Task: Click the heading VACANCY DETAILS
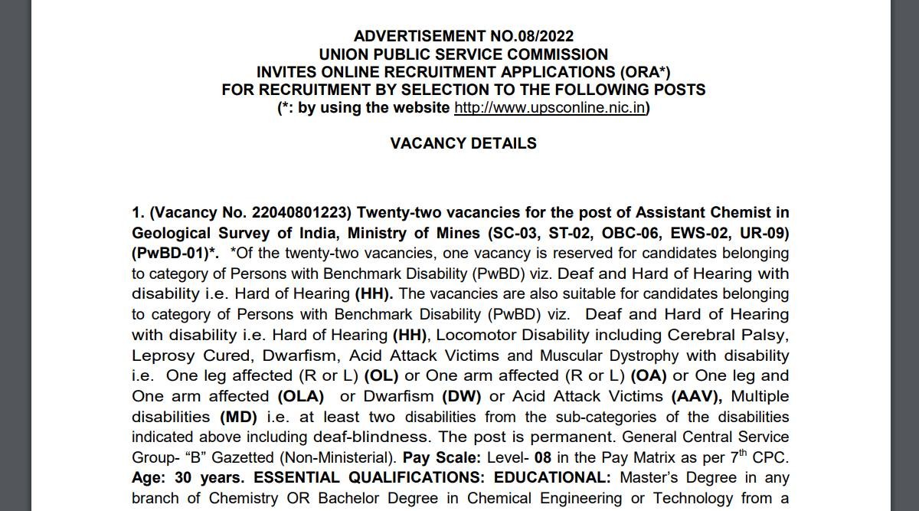tap(463, 143)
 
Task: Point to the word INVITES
tap(288, 72)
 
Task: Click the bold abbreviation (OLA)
tap(300, 396)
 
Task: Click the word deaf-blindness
tap(371, 437)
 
